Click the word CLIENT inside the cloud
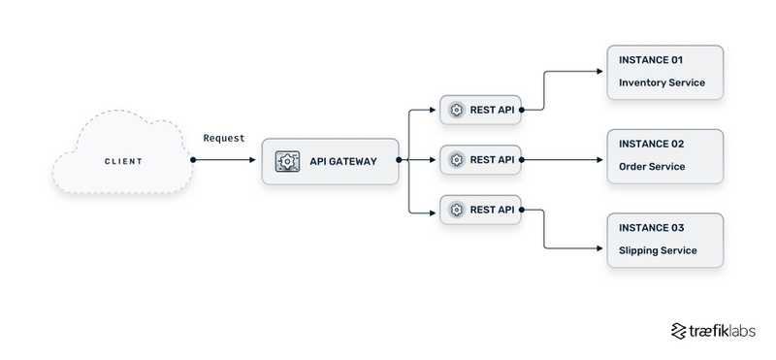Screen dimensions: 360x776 (123, 160)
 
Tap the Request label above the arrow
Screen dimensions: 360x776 (224, 139)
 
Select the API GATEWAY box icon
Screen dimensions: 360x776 (287, 161)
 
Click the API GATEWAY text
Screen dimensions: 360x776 (342, 161)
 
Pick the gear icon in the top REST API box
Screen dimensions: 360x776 (457, 110)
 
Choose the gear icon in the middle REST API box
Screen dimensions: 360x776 (457, 159)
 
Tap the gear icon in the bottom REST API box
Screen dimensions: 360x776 (457, 209)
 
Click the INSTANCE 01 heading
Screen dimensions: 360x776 (651, 60)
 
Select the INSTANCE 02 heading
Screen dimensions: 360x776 (651, 144)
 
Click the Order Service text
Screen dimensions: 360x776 (652, 167)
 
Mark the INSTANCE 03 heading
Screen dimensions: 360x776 (651, 228)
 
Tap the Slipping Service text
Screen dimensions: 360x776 (658, 251)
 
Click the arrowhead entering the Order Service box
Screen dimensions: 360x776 (601, 159)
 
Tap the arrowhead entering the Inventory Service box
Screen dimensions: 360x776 (601, 71)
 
